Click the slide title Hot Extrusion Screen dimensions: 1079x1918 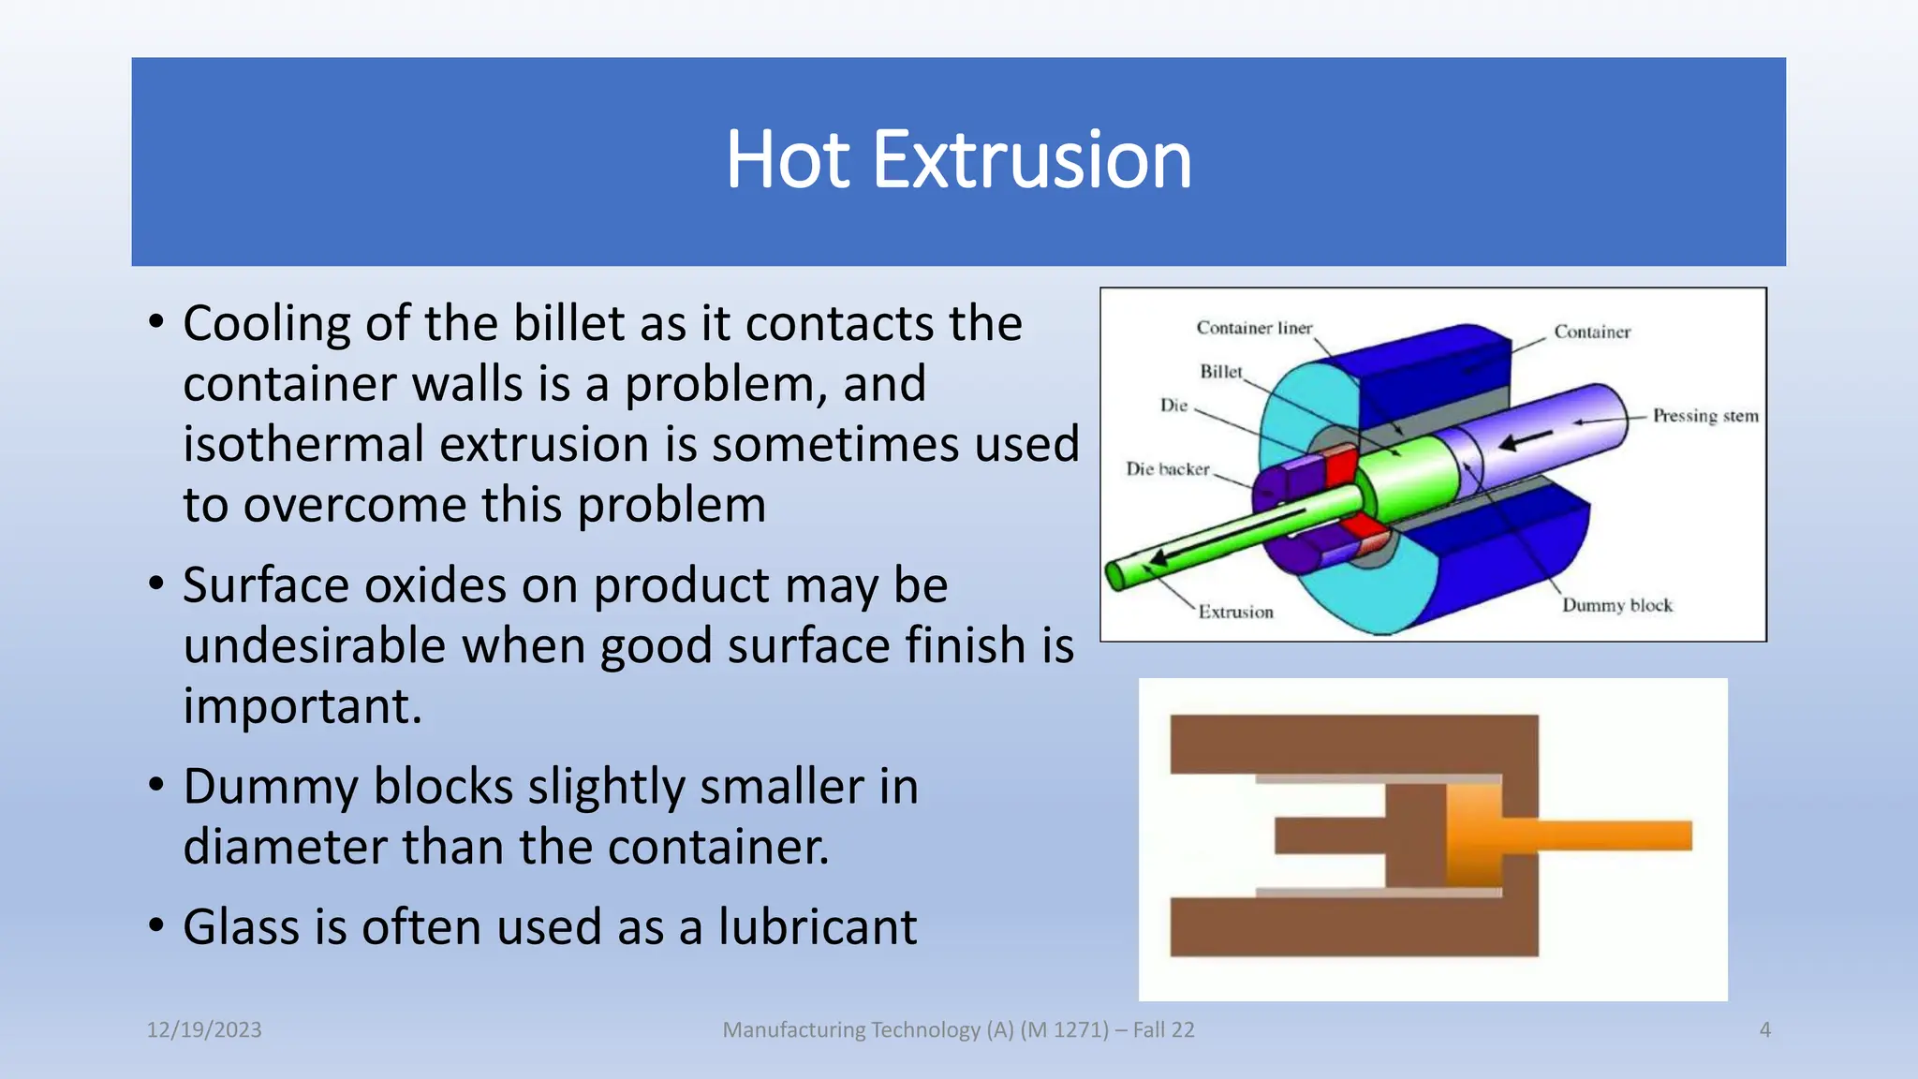[958, 160]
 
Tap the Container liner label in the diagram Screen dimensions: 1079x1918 [1254, 328]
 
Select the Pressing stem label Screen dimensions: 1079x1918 [1704, 416]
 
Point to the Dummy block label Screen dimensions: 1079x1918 [1616, 605]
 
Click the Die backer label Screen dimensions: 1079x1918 [1167, 469]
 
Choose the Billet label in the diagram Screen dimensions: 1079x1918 [1221, 372]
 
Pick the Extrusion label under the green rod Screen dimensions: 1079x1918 [1235, 612]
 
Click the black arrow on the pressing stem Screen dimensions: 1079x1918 [1527, 438]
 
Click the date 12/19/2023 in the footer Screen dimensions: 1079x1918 [204, 1029]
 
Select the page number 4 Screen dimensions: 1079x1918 [1764, 1029]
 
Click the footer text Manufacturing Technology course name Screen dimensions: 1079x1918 [958, 1029]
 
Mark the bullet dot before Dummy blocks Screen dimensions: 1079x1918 [156, 784]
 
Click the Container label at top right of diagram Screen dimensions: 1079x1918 [1592, 332]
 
